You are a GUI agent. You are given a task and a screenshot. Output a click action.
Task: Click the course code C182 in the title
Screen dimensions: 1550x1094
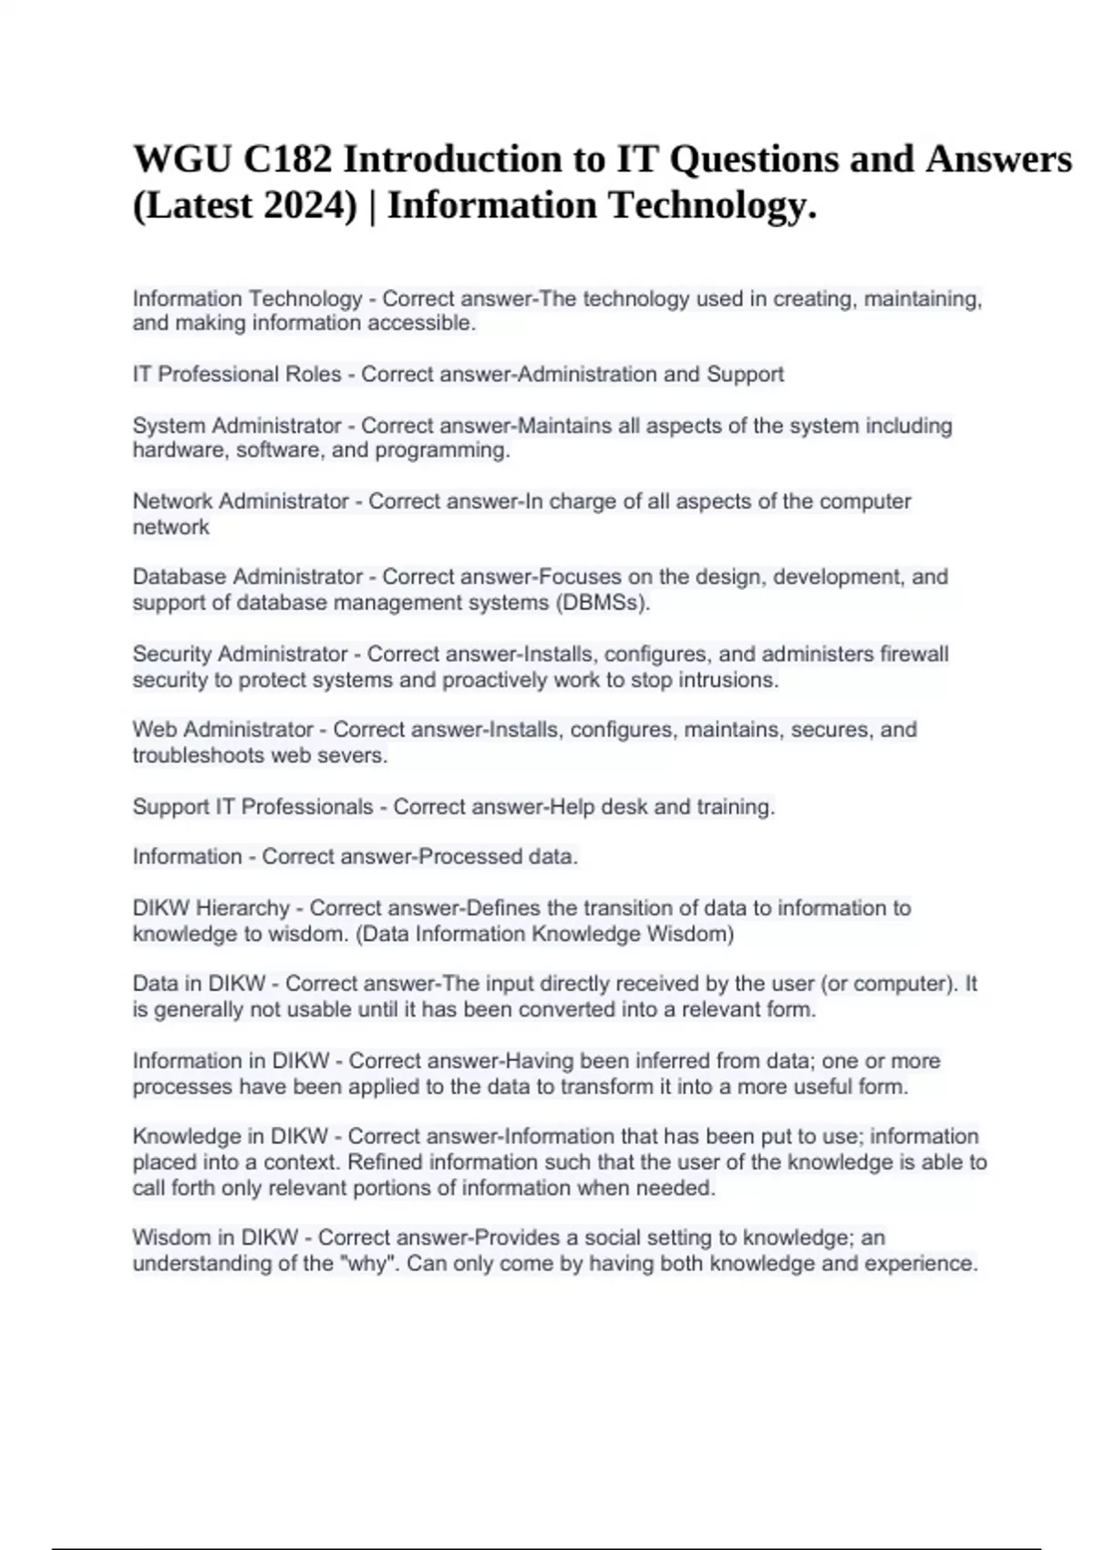(286, 160)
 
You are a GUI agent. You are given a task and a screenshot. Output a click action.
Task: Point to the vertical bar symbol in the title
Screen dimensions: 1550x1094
(372, 205)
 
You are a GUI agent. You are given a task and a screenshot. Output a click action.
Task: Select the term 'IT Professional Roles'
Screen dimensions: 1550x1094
(237, 375)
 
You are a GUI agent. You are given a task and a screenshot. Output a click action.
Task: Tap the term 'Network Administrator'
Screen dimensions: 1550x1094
(241, 501)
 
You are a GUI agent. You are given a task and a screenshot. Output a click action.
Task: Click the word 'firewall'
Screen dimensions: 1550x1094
(913, 655)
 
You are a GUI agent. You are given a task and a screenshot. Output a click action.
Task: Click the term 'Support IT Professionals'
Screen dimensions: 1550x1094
(253, 807)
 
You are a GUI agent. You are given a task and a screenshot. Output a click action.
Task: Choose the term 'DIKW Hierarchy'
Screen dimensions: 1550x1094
(211, 908)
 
